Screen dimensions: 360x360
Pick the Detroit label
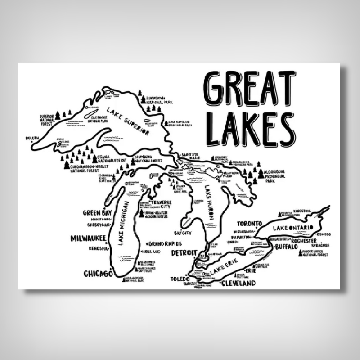[184, 253]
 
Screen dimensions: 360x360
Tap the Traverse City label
[155, 205]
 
